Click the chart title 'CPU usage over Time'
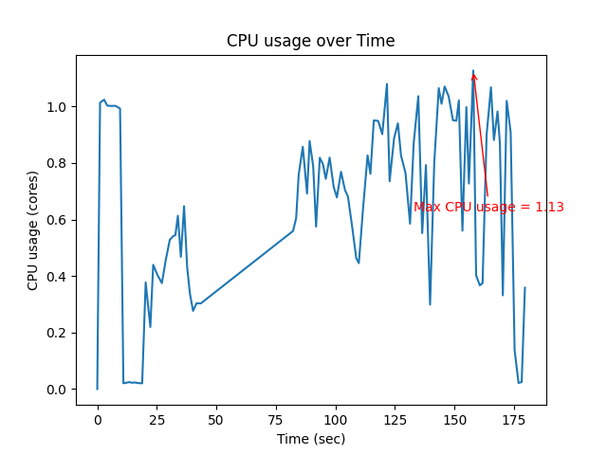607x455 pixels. click(x=310, y=41)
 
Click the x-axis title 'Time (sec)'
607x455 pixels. click(x=310, y=439)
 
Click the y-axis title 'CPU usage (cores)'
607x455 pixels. click(x=33, y=230)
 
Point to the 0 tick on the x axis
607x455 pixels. click(x=97, y=419)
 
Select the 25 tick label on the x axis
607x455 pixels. click(x=156, y=419)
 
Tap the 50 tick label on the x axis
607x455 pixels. click(x=216, y=419)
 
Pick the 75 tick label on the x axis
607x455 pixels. click(x=276, y=419)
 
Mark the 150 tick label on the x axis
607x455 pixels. click(x=454, y=419)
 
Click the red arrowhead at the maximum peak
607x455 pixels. click(x=473, y=76)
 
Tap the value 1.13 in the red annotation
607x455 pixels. click(x=549, y=208)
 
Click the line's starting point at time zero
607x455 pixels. click(x=97, y=389)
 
